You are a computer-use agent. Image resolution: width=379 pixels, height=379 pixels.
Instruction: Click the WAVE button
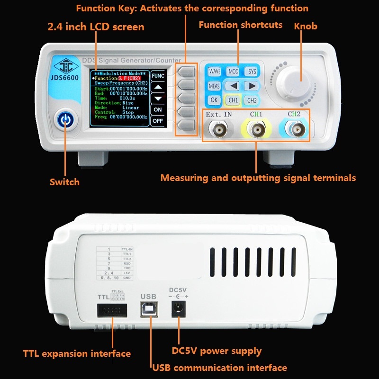click(x=215, y=72)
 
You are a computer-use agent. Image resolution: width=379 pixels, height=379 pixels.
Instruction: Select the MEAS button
click(x=214, y=86)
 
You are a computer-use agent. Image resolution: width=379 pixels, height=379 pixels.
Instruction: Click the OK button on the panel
click(x=214, y=100)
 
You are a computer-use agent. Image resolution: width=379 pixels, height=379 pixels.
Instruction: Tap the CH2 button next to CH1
click(x=252, y=100)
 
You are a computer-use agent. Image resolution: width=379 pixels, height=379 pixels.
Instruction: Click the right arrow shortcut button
click(x=252, y=86)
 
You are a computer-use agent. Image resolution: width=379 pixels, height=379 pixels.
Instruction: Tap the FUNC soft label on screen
click(x=158, y=75)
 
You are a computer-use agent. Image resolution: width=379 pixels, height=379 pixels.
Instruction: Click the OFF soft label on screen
click(x=158, y=121)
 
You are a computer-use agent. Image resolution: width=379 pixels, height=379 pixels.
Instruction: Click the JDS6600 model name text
click(x=66, y=78)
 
